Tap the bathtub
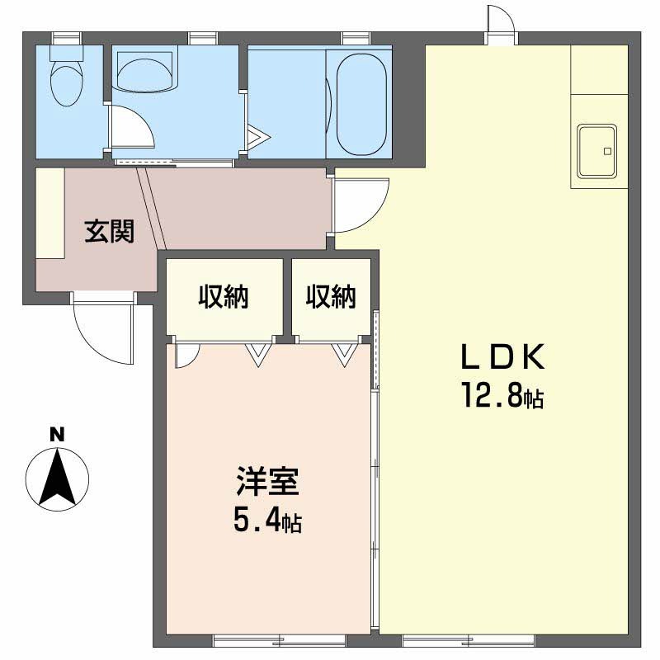[x=361, y=104]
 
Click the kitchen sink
[x=596, y=151]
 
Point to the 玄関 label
[x=110, y=231]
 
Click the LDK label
[x=503, y=357]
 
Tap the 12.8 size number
[x=493, y=395]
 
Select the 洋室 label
[x=267, y=481]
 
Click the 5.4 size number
[x=257, y=521]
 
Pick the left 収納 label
[x=224, y=296]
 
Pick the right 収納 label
[x=331, y=296]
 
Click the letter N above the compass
[x=57, y=435]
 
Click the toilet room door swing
[x=131, y=126]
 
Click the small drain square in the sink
[x=607, y=151]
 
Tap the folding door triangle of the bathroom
[x=258, y=137]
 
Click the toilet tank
[x=67, y=54]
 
